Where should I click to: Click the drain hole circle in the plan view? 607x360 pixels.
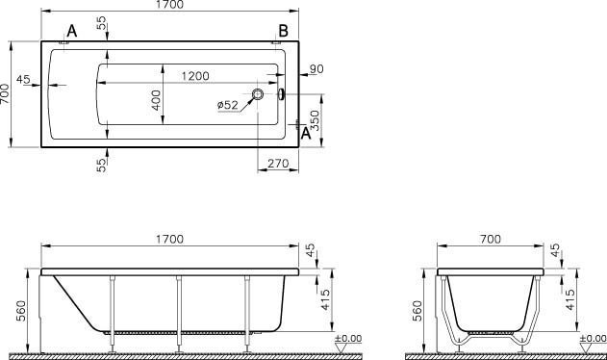[x=259, y=94]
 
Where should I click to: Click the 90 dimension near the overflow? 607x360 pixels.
[x=316, y=68]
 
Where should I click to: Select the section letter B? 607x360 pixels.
[x=283, y=32]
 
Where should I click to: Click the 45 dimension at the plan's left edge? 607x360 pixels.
[x=24, y=79]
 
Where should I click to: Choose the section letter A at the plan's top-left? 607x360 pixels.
[x=72, y=32]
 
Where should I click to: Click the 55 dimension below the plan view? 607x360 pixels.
[x=102, y=165]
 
